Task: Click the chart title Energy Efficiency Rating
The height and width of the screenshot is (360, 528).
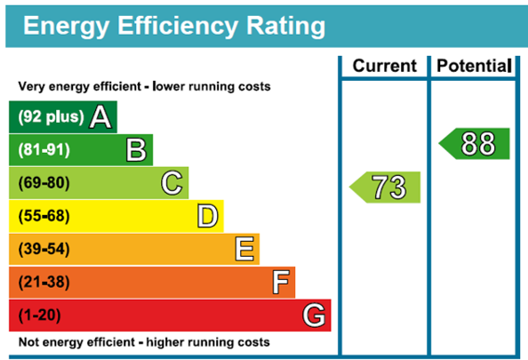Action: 174,26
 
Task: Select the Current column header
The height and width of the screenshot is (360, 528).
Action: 385,66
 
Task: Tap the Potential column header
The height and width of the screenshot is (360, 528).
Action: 474,66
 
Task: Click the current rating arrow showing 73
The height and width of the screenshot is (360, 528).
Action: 385,188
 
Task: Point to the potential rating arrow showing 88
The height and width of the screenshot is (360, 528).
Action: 474,143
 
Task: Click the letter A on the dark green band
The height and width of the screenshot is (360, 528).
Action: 100,116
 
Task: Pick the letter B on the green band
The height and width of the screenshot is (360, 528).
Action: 136,150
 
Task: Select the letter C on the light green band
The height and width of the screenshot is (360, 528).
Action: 172,183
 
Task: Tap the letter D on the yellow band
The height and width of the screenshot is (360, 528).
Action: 207,216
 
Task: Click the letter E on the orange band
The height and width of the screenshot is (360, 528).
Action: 244,249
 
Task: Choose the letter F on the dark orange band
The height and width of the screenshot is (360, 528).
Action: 281,282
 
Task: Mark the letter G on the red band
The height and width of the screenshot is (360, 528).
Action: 314,316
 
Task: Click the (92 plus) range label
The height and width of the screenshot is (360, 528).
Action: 51,116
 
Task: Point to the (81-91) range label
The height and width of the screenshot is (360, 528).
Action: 44,150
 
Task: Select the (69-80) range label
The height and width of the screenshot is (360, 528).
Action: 44,183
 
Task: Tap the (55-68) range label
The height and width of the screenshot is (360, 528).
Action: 44,216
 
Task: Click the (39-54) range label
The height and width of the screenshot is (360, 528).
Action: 44,249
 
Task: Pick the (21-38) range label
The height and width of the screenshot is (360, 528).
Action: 44,282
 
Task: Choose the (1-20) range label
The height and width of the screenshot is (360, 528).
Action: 40,316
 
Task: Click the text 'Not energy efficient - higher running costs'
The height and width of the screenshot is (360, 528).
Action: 144,342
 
